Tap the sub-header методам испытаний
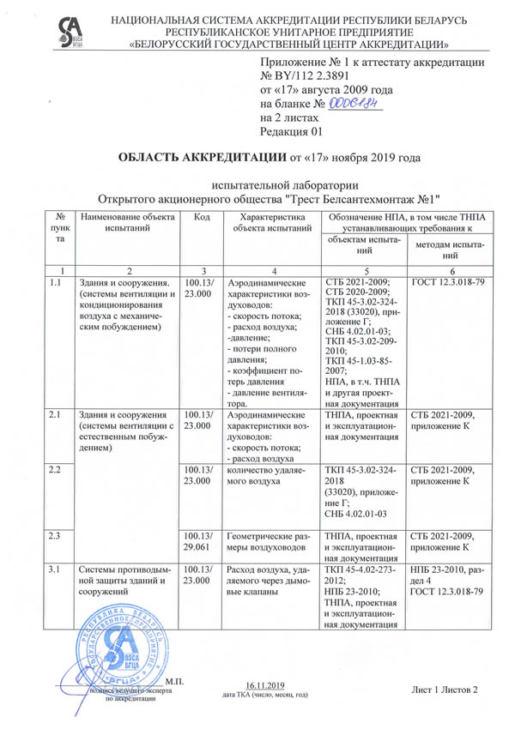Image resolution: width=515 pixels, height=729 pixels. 450,250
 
